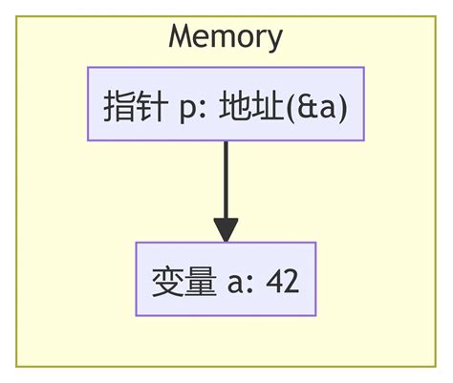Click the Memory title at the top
point(226,36)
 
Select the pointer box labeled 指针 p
point(226,104)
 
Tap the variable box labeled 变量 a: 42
point(226,279)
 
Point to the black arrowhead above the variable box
point(226,230)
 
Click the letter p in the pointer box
point(187,106)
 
